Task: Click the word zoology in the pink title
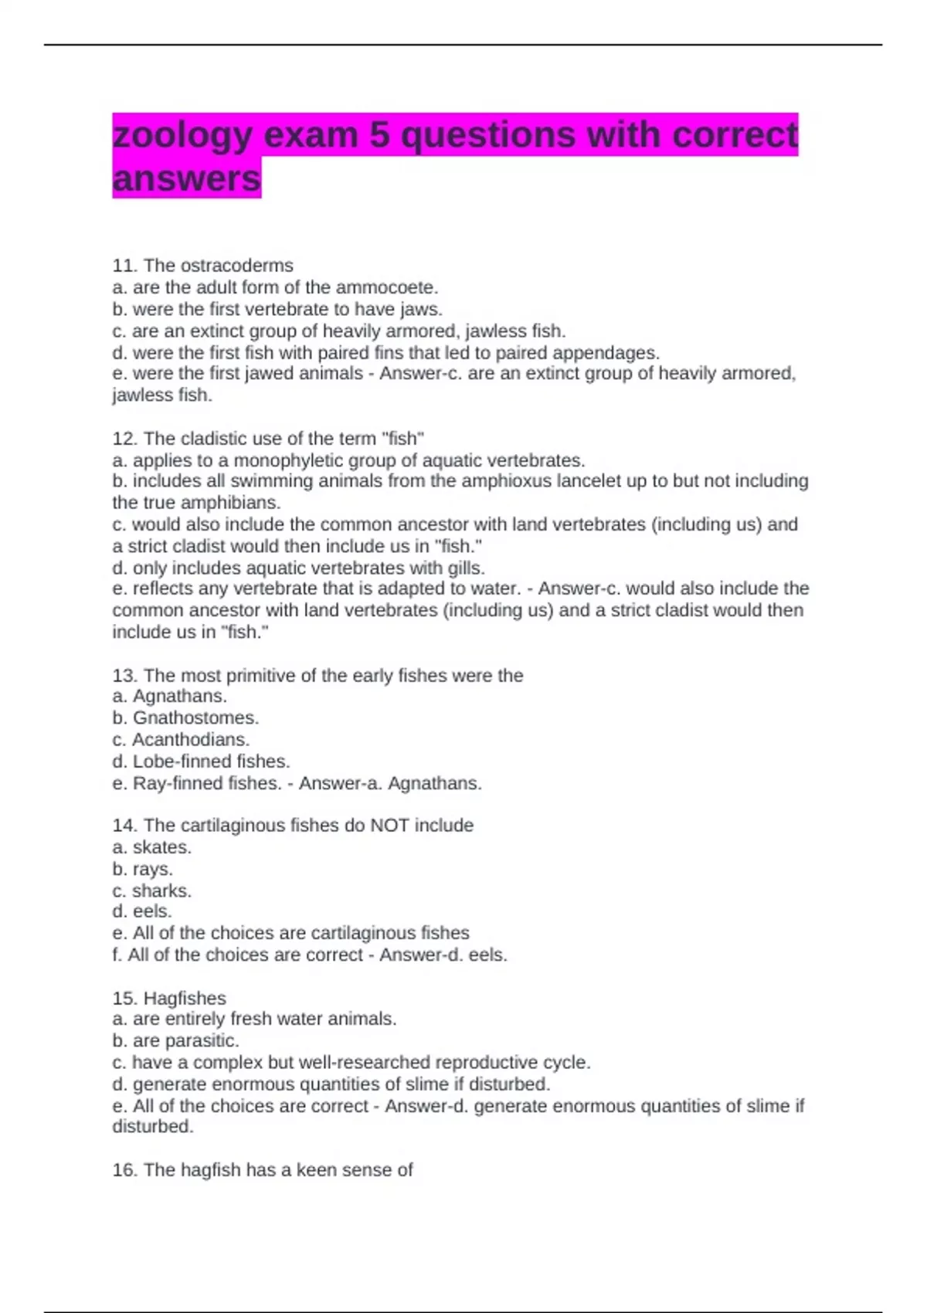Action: pyautogui.click(x=182, y=136)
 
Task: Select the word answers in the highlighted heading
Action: pyautogui.click(x=187, y=179)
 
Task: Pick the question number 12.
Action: pyautogui.click(x=124, y=439)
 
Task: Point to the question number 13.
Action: pyautogui.click(x=124, y=676)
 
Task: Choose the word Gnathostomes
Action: pyautogui.click(x=195, y=718)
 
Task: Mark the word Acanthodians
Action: pyautogui.click(x=191, y=740)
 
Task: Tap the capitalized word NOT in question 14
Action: pyautogui.click(x=390, y=826)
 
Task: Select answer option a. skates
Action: pyautogui.click(x=152, y=847)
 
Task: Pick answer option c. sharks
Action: pyautogui.click(x=152, y=891)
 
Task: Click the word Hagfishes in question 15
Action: pyautogui.click(x=185, y=999)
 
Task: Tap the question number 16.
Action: pyautogui.click(x=124, y=1170)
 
